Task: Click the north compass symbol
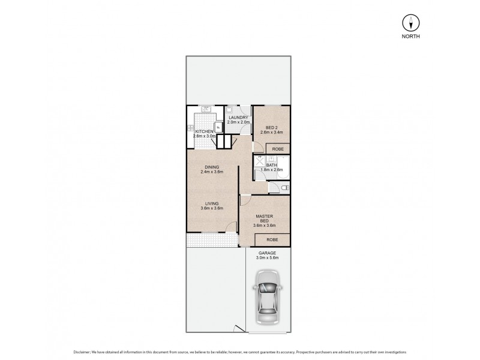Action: [411, 23]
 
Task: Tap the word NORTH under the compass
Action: [411, 37]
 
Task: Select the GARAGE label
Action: [268, 253]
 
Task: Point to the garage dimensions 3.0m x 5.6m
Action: [268, 258]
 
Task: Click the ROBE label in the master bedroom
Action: [272, 240]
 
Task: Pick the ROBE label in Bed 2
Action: [278, 148]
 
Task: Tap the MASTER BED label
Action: [265, 218]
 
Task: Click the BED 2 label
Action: [271, 128]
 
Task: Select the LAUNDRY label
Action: [238, 118]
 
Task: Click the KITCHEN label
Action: [203, 131]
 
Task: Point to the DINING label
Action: [211, 167]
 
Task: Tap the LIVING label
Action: [211, 203]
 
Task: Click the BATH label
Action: [271, 165]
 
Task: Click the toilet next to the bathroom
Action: [284, 188]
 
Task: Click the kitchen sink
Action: [205, 110]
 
